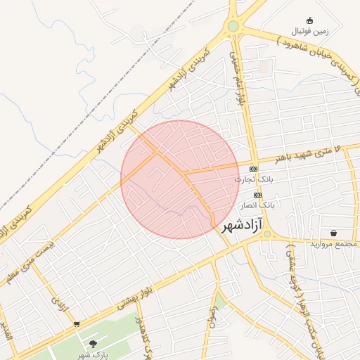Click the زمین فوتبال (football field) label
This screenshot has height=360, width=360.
point(309,32)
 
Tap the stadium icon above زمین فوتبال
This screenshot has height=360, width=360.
point(309,20)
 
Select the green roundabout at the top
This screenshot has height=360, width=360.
point(233,27)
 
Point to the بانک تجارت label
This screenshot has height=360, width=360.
point(253,180)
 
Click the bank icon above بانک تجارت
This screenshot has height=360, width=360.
point(253,169)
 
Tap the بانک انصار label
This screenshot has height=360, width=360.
point(258,205)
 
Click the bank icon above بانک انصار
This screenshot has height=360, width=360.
point(258,194)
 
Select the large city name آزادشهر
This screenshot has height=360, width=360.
point(242,226)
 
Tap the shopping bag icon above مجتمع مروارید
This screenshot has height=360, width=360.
point(332,233)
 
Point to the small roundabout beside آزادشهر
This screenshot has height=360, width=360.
point(267,234)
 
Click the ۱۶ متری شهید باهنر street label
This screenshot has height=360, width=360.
point(309,154)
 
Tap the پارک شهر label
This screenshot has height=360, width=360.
point(93,355)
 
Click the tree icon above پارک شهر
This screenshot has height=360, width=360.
point(93,344)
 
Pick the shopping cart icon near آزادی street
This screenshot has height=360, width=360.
point(76,324)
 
